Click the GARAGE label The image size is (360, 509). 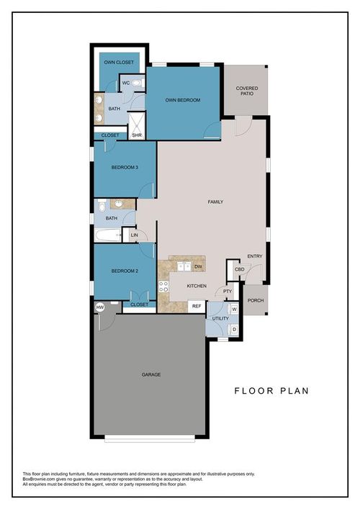(x=150, y=374)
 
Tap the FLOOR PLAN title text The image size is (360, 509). (x=271, y=391)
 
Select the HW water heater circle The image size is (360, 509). (x=99, y=307)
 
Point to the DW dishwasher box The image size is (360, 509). (x=197, y=266)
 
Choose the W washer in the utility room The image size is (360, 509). (x=234, y=309)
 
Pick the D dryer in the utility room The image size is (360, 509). (x=234, y=329)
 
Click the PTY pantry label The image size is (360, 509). (x=227, y=292)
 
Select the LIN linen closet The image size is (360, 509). (x=134, y=235)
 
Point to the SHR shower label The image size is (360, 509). (x=136, y=134)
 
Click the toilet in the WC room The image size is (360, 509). (x=138, y=84)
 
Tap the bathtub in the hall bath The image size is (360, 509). (x=109, y=235)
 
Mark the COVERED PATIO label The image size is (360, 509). (x=247, y=91)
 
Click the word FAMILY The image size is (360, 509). (x=215, y=202)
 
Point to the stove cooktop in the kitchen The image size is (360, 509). (x=164, y=288)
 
